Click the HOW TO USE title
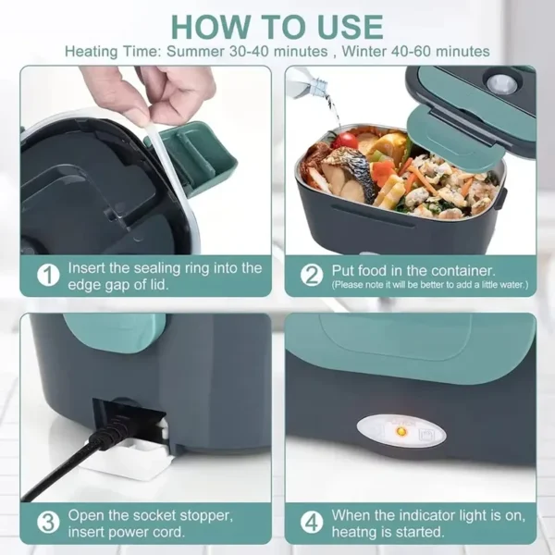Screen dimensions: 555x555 277,24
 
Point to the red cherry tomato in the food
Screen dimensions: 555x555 347,140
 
